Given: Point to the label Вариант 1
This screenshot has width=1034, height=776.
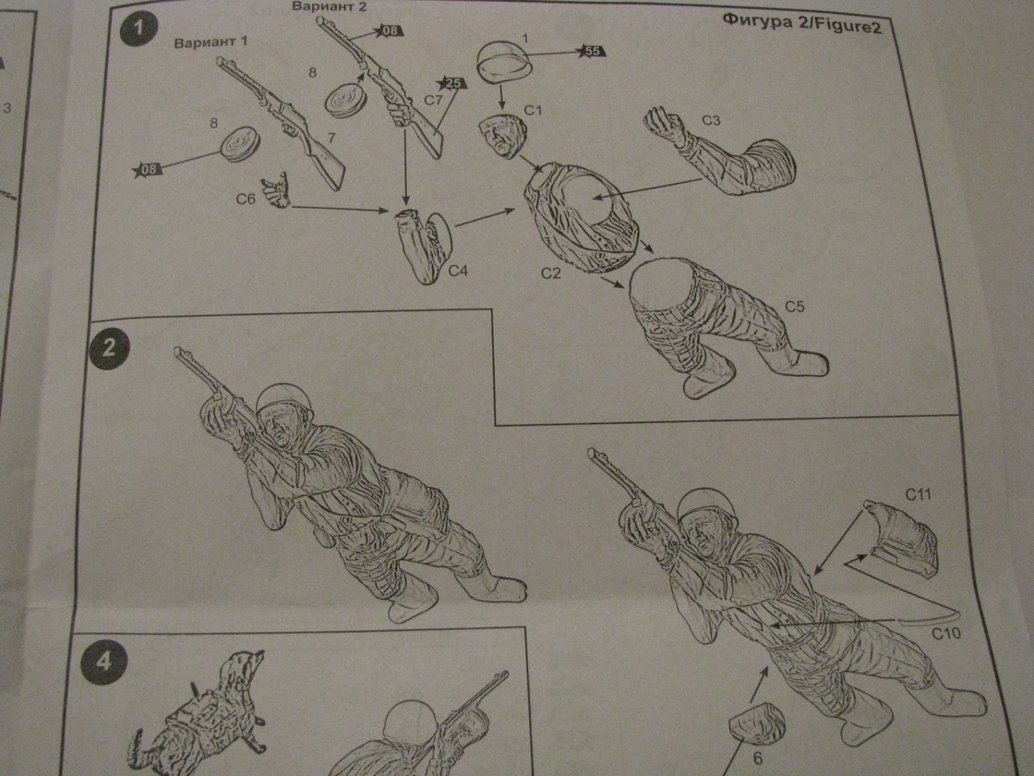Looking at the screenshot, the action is pyautogui.click(x=211, y=42).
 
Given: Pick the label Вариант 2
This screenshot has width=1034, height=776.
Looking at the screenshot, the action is pyautogui.click(x=330, y=7).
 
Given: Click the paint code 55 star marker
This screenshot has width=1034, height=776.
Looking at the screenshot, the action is pyautogui.click(x=592, y=51).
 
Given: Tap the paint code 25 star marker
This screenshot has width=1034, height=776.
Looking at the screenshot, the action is pyautogui.click(x=451, y=84).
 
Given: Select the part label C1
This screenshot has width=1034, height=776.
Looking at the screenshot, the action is pyautogui.click(x=532, y=110).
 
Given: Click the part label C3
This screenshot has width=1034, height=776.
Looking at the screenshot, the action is pyautogui.click(x=712, y=120).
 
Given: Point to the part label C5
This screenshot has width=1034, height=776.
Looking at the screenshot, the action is pyautogui.click(x=794, y=306).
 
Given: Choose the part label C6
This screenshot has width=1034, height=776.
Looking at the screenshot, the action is pyautogui.click(x=246, y=198).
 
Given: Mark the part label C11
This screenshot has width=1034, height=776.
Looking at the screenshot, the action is pyautogui.click(x=918, y=494).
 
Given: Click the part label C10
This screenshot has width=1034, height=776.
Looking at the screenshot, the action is pyautogui.click(x=946, y=634).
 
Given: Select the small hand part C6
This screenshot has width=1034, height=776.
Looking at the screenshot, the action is pyautogui.click(x=276, y=190).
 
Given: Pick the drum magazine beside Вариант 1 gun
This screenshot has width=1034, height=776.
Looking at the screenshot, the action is pyautogui.click(x=239, y=144).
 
